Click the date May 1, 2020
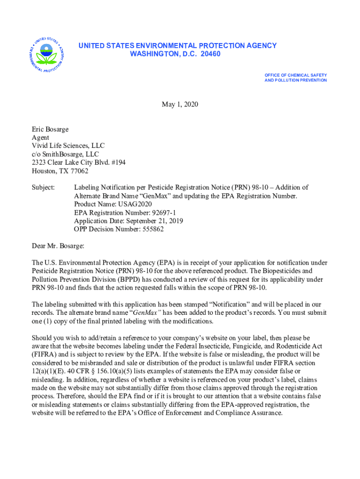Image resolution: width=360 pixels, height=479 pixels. pos(180,104)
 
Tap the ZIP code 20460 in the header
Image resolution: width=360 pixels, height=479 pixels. pos(209,54)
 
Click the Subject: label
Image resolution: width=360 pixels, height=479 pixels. pos(43,188)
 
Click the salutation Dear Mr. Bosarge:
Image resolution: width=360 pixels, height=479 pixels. pos(58,246)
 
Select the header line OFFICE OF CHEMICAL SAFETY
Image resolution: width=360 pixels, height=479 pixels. pos(295,75)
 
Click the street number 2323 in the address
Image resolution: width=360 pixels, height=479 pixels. pos(39,162)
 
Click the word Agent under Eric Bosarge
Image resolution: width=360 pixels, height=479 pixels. pos(40,137)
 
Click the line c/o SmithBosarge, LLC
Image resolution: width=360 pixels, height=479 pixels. pos(65,154)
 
